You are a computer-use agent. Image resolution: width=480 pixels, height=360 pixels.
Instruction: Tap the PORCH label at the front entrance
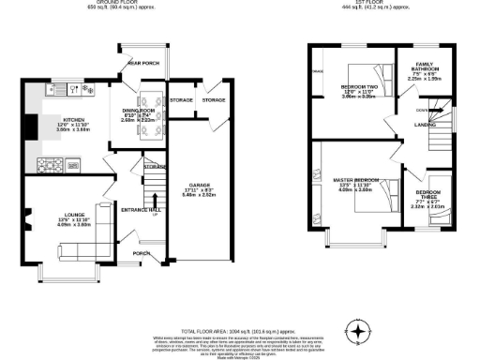tap(142, 253)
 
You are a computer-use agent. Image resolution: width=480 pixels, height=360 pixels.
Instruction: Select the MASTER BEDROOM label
tap(355, 179)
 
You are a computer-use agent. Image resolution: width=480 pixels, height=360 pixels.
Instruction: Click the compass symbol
tap(355, 331)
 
